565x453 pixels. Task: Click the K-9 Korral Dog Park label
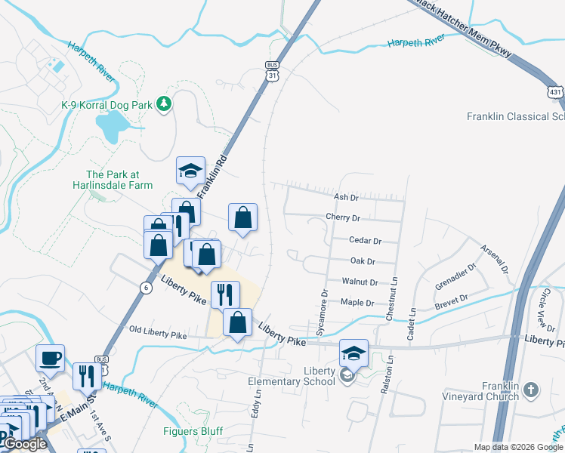(x=107, y=104)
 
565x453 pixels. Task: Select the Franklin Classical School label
(x=515, y=116)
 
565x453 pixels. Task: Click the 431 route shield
(x=555, y=91)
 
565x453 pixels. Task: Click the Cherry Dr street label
(x=343, y=218)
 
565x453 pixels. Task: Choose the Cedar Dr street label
(x=365, y=240)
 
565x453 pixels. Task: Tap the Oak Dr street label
(x=363, y=261)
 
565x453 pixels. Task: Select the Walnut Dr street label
(x=360, y=282)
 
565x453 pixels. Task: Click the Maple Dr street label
(x=358, y=303)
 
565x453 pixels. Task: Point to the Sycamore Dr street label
(x=323, y=313)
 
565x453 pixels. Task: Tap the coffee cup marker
(x=51, y=357)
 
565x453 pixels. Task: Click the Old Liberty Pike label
(x=157, y=331)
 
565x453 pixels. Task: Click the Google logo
(x=24, y=444)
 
